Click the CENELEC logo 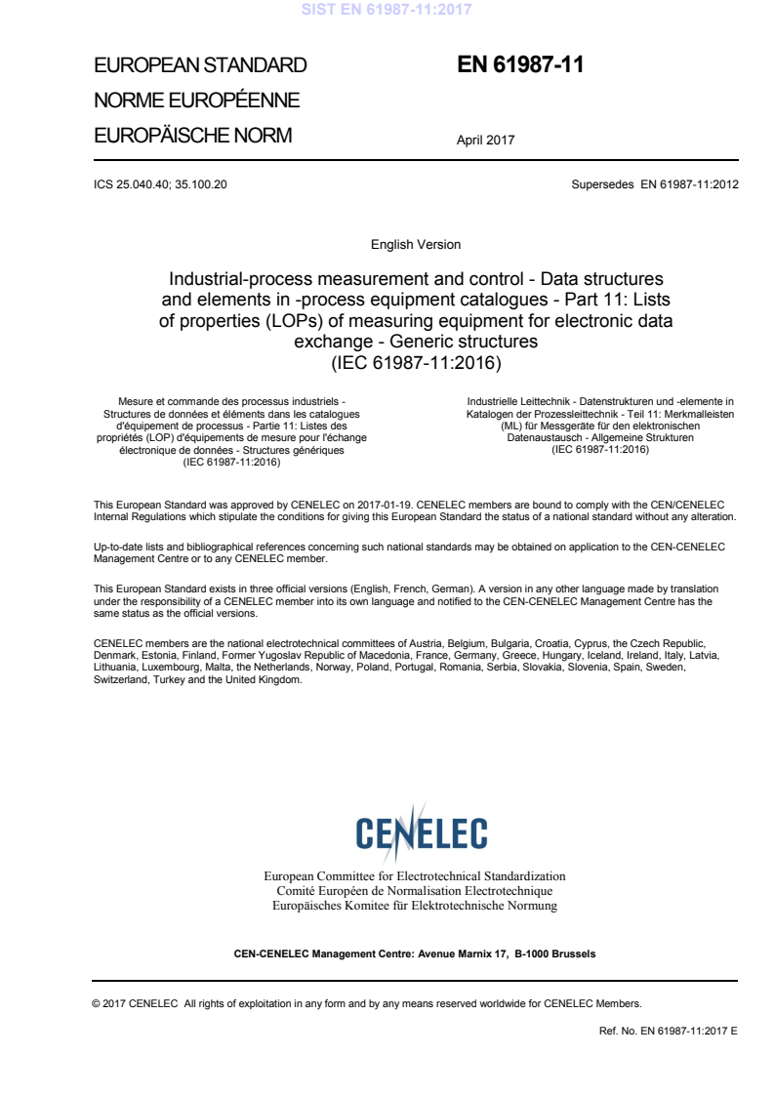pyautogui.click(x=422, y=833)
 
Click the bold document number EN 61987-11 pyautogui.click(x=520, y=65)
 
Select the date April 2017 pyautogui.click(x=485, y=141)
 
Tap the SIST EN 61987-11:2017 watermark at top pyautogui.click(x=387, y=10)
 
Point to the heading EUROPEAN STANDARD pyautogui.click(x=200, y=66)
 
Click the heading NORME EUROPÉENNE pyautogui.click(x=196, y=101)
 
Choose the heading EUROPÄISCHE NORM pyautogui.click(x=192, y=136)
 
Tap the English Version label pyautogui.click(x=416, y=244)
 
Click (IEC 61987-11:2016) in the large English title pyautogui.click(x=416, y=363)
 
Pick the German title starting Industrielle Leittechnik pyautogui.click(x=600, y=426)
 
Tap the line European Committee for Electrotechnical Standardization pyautogui.click(x=415, y=876)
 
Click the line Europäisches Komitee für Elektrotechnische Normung pyautogui.click(x=415, y=906)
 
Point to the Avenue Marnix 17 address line pyautogui.click(x=415, y=953)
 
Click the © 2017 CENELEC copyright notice pyautogui.click(x=367, y=1002)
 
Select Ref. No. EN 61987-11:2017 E pyautogui.click(x=669, y=1031)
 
